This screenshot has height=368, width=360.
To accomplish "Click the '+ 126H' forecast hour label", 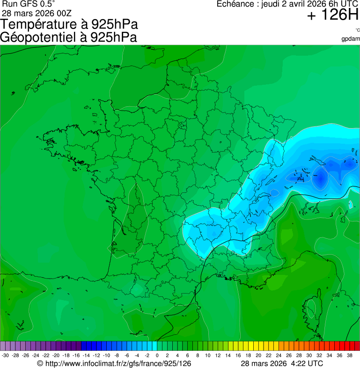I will (332, 15).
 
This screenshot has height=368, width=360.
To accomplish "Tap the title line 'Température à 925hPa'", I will (69, 24).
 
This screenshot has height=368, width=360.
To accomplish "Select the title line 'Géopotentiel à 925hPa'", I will (68, 37).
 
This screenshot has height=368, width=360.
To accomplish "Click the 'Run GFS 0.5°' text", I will (29, 4).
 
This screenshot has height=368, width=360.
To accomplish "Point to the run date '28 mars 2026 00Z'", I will (37, 13).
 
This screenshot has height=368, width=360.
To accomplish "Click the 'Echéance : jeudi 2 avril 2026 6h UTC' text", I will (287, 4).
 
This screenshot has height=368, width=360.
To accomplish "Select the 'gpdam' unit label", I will (351, 39).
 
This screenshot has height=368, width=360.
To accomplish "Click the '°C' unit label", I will (357, 30).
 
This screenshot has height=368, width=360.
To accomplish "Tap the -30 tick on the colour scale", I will (5, 355).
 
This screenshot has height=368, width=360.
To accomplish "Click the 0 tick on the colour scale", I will (156, 355).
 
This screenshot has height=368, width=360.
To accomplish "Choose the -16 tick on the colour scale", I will (76, 355).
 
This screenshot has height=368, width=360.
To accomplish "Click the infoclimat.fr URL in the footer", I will (114, 363).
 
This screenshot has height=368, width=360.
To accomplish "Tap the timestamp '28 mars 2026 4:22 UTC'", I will (281, 363).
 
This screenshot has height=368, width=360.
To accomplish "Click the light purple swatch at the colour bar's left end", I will (3, 346).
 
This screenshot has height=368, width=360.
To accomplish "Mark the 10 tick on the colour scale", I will (207, 355).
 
